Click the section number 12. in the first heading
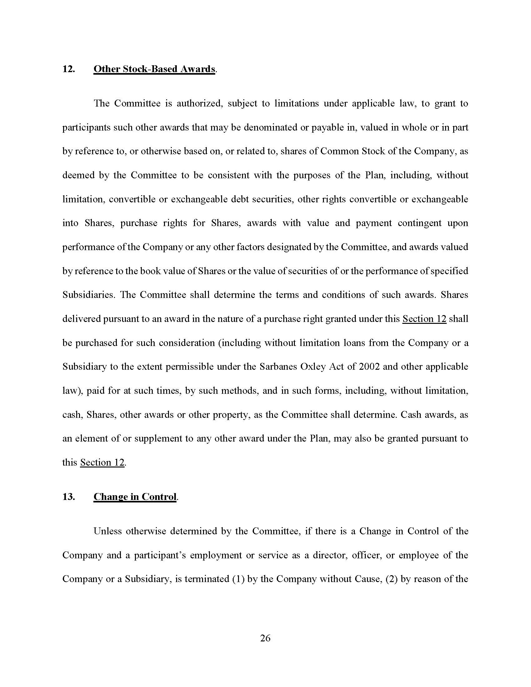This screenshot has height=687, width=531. (x=69, y=69)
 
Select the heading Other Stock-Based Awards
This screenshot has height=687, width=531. (x=154, y=69)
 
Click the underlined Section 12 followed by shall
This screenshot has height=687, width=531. (x=424, y=319)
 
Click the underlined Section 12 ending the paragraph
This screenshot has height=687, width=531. (x=102, y=463)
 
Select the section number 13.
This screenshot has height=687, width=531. (x=69, y=497)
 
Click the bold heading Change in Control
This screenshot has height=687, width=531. (x=135, y=497)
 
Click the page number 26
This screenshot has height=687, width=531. (x=265, y=638)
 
